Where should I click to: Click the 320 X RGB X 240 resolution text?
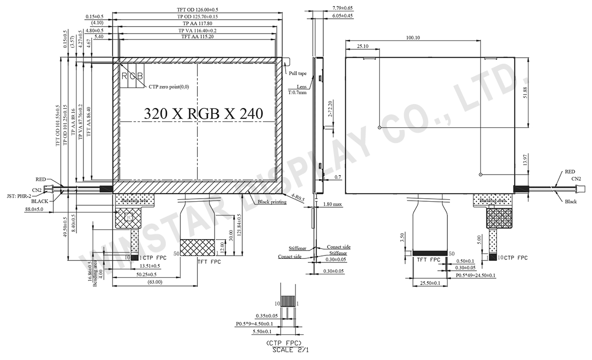(203, 113)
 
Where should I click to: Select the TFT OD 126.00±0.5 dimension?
(197, 9)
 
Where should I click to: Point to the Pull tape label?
(297, 73)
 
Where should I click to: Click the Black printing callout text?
(271, 202)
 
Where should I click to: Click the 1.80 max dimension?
(333, 204)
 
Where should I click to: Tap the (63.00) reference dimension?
(155, 282)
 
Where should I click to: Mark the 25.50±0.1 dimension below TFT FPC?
(430, 283)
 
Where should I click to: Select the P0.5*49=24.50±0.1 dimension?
(476, 275)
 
